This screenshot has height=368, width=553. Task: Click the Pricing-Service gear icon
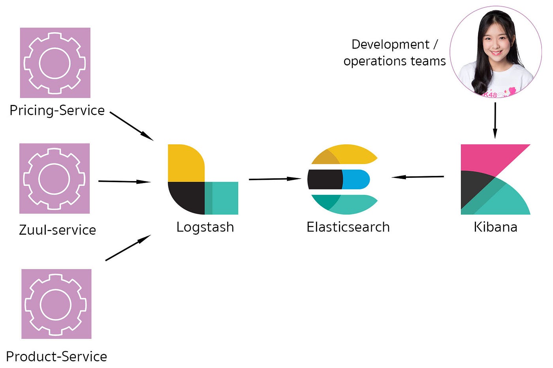click(55, 63)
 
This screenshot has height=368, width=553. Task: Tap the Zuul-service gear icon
click(55, 178)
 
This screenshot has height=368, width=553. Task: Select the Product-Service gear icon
click(56, 304)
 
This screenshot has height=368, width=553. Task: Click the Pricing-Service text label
click(57, 110)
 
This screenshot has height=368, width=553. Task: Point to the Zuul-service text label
click(57, 230)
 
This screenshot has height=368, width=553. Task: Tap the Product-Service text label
click(56, 357)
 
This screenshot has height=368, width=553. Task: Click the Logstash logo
click(203, 179)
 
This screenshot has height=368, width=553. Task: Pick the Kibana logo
click(495, 179)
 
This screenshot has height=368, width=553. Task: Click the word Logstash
click(205, 227)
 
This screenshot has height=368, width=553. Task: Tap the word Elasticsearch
click(348, 227)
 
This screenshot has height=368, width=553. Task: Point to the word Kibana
click(495, 227)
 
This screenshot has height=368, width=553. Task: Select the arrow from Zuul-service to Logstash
click(124, 181)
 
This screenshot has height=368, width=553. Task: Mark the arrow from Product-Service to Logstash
click(128, 248)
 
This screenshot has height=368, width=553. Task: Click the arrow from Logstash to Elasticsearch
click(275, 179)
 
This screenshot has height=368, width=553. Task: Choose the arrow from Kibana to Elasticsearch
click(418, 177)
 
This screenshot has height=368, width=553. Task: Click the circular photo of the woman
click(496, 52)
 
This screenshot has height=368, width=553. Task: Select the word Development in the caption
click(390, 44)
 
